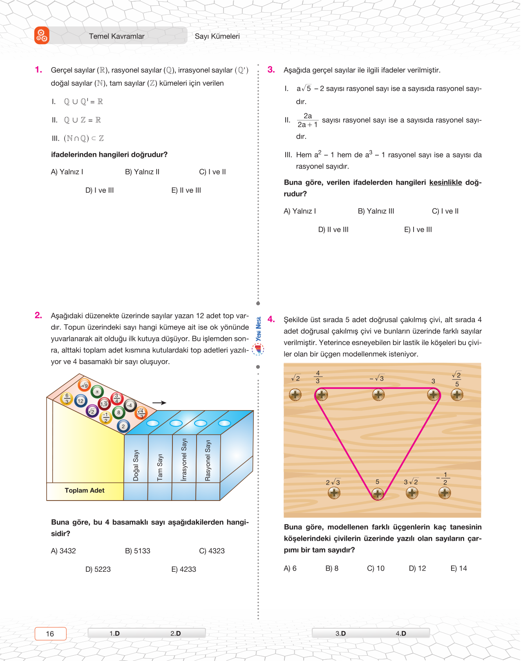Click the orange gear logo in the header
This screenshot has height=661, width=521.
42,36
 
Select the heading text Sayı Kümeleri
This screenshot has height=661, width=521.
217,36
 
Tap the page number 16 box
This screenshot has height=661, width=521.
50,634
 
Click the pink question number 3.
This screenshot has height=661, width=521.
271,70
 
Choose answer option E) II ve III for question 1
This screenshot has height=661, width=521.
186,190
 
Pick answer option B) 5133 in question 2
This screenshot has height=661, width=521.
137,551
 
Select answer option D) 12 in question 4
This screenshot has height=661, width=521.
417,568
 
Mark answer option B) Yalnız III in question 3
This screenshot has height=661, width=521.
376,211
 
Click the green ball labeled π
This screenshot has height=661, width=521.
97,392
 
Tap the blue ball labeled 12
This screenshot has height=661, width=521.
80,401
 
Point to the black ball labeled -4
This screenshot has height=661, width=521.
130,405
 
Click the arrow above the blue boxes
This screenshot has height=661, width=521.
159,403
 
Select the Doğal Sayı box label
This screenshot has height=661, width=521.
136,465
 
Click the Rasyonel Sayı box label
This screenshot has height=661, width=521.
208,460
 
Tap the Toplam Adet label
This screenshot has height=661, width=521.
85,490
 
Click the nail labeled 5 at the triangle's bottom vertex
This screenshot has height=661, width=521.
378,494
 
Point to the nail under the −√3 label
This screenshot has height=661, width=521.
378,395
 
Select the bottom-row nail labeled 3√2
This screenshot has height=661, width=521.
412,493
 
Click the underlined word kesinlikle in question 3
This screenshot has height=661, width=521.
445,183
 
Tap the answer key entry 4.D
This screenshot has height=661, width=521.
400,634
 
